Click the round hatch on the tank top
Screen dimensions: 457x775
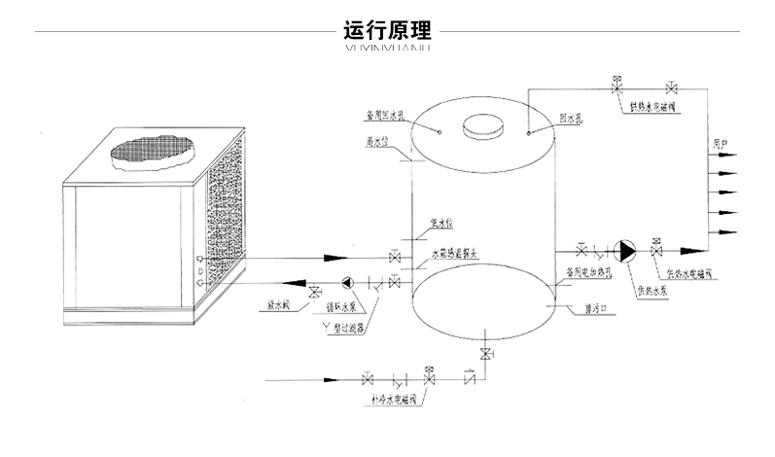point(480,126)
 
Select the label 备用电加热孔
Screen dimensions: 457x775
point(587,274)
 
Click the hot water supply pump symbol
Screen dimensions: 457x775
point(628,251)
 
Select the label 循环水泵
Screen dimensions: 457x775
point(339,306)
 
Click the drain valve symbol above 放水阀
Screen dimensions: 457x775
point(314,291)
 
